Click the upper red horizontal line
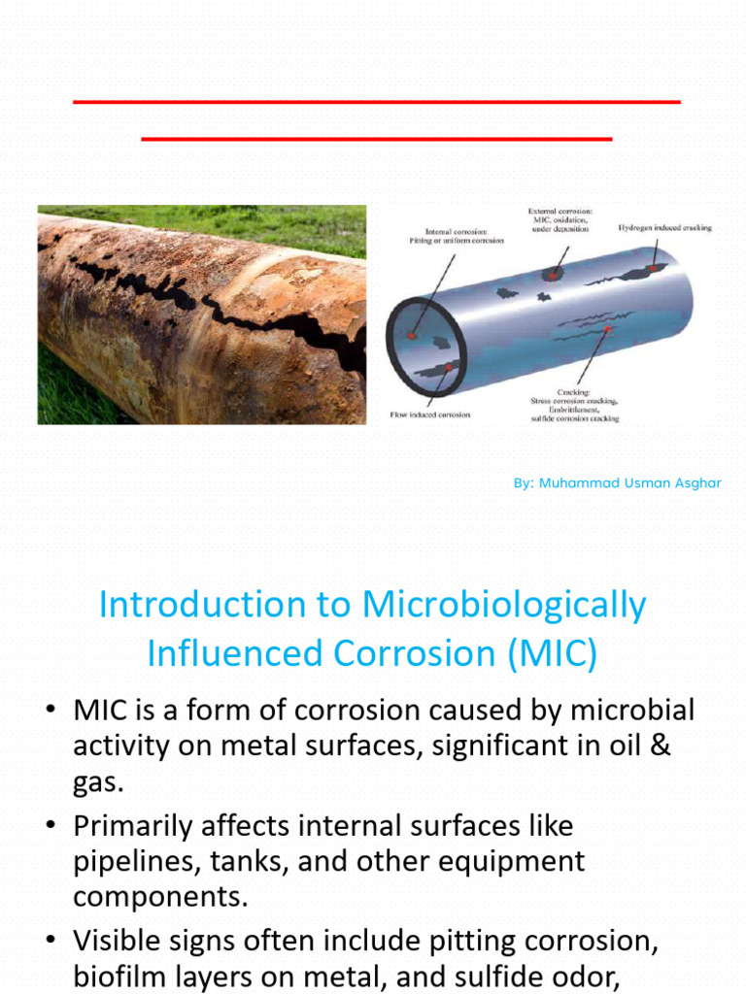point(377,101)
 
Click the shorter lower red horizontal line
point(377,139)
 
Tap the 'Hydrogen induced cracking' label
point(664,228)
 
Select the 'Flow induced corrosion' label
point(430,414)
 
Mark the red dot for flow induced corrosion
point(447,367)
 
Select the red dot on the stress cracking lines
point(608,331)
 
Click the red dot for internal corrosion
point(414,334)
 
